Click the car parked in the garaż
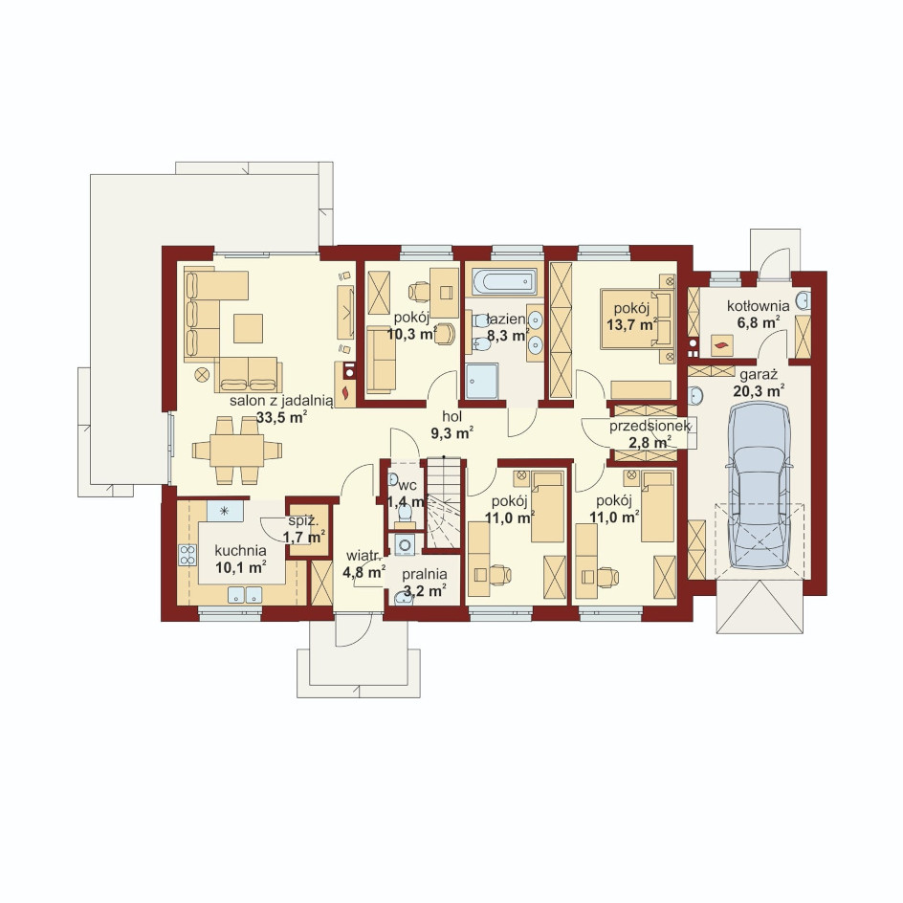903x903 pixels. point(758,487)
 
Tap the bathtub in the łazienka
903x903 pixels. point(504,282)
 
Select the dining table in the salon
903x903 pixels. point(236,451)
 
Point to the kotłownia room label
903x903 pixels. point(758,306)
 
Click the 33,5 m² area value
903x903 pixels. point(281,417)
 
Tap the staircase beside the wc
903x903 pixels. point(443,503)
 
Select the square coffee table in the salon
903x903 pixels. point(248,328)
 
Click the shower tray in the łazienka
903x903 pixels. point(481,381)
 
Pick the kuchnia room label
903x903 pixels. point(240,551)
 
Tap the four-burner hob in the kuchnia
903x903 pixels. point(187,555)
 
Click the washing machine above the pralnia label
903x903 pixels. point(406,544)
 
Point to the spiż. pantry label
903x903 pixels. point(303,521)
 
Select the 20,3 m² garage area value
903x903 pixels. point(759,391)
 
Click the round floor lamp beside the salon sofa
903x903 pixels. point(202,375)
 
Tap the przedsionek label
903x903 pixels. point(650,427)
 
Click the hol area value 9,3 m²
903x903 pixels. point(452,433)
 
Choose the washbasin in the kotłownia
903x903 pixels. point(804,299)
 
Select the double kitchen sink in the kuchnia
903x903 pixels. point(245,594)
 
